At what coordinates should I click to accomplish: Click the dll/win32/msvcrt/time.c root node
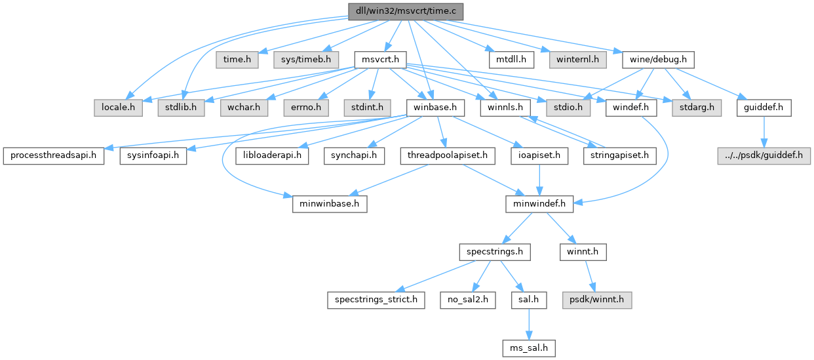(x=406, y=11)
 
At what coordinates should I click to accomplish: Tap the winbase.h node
(x=436, y=106)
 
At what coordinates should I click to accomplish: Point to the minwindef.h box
(x=539, y=204)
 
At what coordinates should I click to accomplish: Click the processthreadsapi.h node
(x=54, y=155)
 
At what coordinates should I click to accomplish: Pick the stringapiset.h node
(x=619, y=155)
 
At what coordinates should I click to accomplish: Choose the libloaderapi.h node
(x=273, y=155)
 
